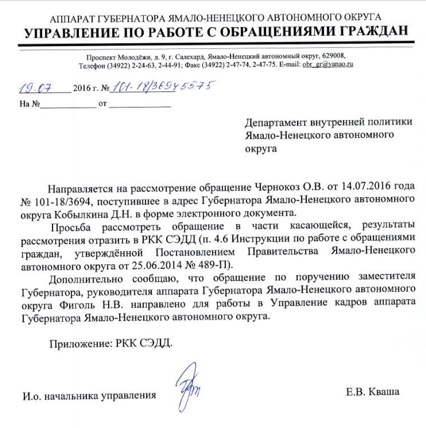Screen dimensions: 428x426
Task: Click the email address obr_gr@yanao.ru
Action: [328, 64]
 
